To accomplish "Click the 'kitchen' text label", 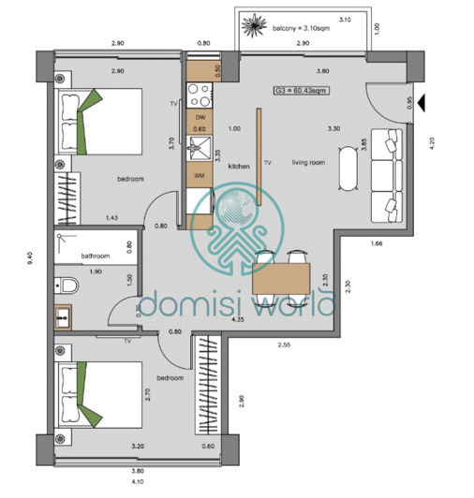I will [239, 166].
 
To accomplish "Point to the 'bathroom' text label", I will [96, 256].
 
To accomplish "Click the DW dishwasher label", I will [200, 116].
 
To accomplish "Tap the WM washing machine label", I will [200, 175].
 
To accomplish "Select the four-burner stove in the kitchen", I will [200, 95].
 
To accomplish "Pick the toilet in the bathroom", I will [68, 286].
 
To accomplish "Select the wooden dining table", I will [281, 281].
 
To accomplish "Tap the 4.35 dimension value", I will [239, 320].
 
